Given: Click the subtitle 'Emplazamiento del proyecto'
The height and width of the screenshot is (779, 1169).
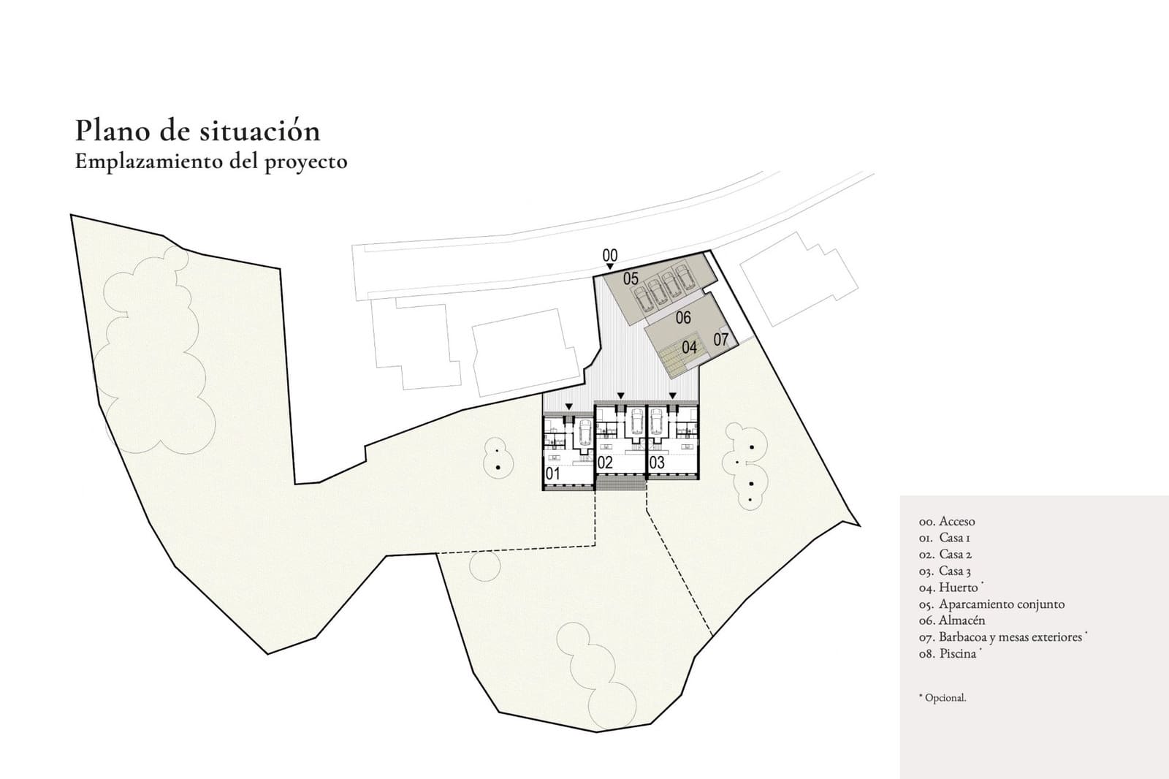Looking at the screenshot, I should pyautogui.click(x=211, y=161).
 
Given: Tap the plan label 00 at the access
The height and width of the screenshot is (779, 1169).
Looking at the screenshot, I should pyautogui.click(x=610, y=255).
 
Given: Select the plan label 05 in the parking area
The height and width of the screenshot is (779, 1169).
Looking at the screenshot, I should pyautogui.click(x=631, y=278).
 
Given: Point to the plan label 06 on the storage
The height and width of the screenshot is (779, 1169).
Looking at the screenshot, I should pyautogui.click(x=683, y=317).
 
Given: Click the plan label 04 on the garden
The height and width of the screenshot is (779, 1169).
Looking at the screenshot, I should pyautogui.click(x=689, y=347).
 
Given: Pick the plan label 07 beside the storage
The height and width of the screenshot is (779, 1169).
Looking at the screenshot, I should pyautogui.click(x=721, y=339).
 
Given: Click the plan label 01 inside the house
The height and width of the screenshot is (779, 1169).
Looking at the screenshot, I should pyautogui.click(x=553, y=474).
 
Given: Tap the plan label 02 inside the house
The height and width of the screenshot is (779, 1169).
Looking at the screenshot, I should pyautogui.click(x=605, y=463).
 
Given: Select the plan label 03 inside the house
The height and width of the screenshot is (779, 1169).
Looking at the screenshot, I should pyautogui.click(x=657, y=463).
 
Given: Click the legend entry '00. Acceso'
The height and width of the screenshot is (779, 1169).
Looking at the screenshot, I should pyautogui.click(x=947, y=522).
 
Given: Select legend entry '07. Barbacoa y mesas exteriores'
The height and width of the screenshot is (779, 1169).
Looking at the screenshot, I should pyautogui.click(x=1000, y=637).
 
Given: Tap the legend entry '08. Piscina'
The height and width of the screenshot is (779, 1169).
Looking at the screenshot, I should pyautogui.click(x=948, y=654).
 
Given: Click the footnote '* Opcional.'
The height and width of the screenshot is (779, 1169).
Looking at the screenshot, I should pyautogui.click(x=943, y=698).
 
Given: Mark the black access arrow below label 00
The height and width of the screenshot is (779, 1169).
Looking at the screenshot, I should pyautogui.click(x=610, y=267).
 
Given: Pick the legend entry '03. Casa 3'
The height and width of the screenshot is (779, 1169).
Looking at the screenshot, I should pyautogui.click(x=945, y=571).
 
